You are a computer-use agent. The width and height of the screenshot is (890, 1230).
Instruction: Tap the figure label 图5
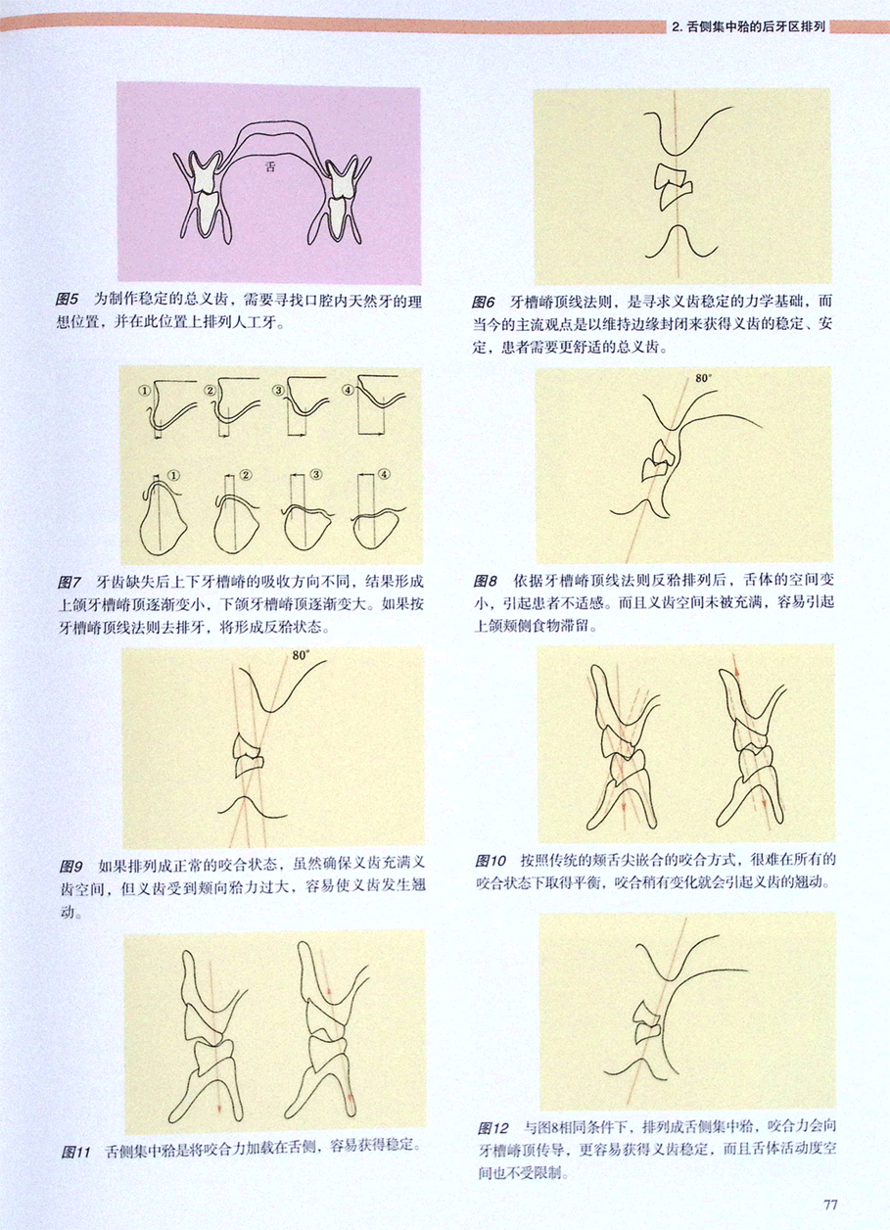point(68,300)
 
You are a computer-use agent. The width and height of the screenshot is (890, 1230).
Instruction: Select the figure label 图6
point(483,302)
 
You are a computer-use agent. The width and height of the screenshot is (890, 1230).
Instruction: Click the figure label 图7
point(70,582)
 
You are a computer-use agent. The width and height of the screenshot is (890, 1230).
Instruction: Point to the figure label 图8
point(486,581)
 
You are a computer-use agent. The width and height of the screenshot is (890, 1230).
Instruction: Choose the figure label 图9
point(71,867)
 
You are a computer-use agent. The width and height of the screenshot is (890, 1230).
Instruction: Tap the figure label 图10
point(491,861)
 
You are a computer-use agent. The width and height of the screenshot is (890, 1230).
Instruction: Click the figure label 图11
point(75,1152)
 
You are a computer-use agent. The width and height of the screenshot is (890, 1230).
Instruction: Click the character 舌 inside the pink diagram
point(269,166)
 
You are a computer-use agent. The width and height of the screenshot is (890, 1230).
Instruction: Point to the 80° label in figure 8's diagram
point(703,378)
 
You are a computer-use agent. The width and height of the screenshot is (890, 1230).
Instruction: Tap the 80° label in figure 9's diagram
point(301,655)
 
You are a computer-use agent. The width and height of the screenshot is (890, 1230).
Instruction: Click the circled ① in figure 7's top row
point(144,391)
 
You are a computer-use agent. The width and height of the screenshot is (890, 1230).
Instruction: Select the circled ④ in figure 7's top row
point(348,390)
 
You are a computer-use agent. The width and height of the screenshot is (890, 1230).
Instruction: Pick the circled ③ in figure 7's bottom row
point(317,475)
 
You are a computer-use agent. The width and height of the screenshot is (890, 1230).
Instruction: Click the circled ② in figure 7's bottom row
point(246,475)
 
